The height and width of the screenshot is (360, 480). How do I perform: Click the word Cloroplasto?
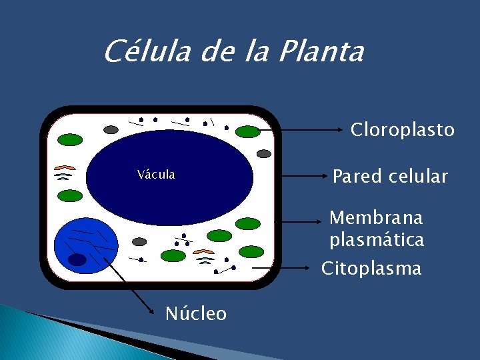coord(403,129)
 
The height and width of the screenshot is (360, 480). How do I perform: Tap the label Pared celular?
coord(390,177)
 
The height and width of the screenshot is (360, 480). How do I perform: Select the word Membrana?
coord(376,218)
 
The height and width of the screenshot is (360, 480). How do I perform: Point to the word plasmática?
coord(376,240)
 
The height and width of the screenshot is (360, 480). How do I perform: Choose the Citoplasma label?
coord(371,269)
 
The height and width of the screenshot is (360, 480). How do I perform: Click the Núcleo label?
coord(195,313)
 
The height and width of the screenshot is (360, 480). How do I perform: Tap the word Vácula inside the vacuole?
coord(156,175)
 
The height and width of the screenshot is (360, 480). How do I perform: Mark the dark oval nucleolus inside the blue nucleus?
coord(78,259)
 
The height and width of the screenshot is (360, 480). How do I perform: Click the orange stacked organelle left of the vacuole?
coord(65,167)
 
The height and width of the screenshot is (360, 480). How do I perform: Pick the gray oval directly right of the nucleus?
coord(139,241)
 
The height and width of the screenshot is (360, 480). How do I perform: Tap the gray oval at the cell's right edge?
coord(264,153)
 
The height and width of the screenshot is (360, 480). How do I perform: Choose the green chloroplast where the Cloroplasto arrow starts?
coord(248,131)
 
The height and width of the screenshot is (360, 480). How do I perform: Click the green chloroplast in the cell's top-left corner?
coord(70,140)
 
